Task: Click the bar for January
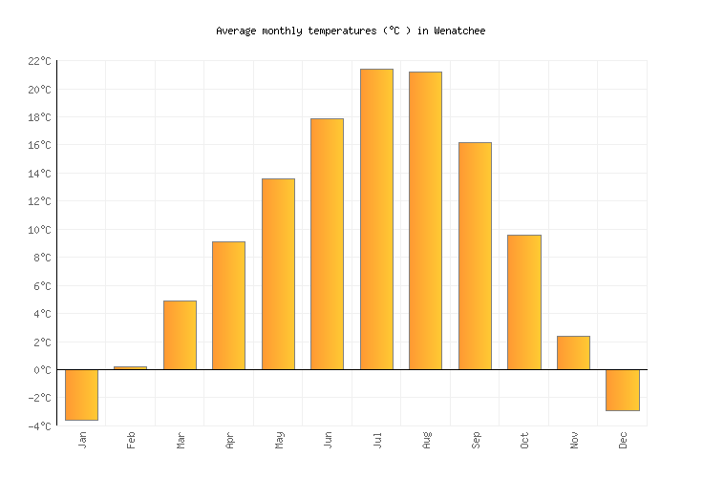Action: point(81,394)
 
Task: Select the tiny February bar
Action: point(131,367)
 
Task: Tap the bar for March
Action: point(180,335)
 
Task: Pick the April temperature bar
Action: point(228,305)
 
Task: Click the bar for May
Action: point(278,274)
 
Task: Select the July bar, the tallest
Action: point(376,218)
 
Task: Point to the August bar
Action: point(425,220)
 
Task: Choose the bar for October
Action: point(523,301)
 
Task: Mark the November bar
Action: point(573,352)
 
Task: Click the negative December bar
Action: point(622,389)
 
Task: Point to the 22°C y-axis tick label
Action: point(39,61)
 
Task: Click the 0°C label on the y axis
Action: point(42,370)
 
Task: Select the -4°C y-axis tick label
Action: point(39,426)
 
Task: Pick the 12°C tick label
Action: point(39,201)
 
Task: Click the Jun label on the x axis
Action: point(328,441)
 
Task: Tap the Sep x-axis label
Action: point(475,441)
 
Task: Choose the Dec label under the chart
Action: point(623,441)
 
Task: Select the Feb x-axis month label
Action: point(131,441)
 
